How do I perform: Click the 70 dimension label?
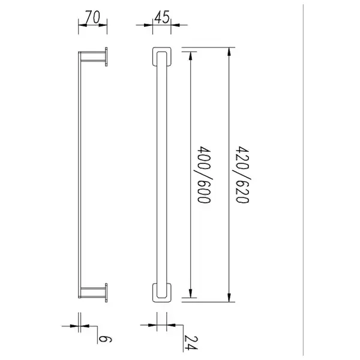click(93, 17)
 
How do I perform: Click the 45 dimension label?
click(162, 17)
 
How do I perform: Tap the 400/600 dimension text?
click(204, 175)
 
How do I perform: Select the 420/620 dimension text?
click(242, 175)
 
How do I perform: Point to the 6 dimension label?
click(105, 339)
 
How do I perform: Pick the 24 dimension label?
click(191, 343)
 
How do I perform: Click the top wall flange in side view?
click(106, 57)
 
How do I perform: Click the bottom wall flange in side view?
click(106, 293)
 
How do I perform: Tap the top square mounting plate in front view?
click(162, 57)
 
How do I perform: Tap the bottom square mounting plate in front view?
click(162, 293)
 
